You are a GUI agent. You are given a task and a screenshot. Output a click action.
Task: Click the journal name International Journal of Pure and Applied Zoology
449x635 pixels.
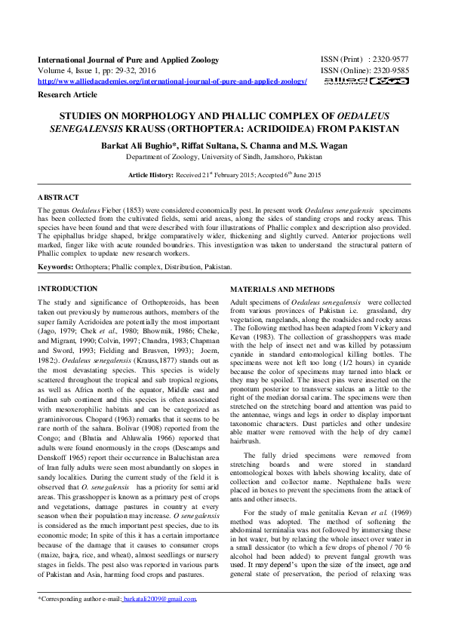[x=128, y=60]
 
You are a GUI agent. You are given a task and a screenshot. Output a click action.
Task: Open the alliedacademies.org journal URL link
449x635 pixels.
[x=172, y=81]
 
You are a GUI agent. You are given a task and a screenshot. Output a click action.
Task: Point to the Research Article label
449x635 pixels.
[x=67, y=94]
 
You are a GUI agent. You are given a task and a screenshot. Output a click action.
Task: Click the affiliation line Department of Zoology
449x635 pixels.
[x=223, y=157]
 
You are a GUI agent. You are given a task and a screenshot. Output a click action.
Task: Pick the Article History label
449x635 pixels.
[x=152, y=175]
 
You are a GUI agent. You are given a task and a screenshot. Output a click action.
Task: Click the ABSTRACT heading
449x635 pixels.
[x=58, y=197]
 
